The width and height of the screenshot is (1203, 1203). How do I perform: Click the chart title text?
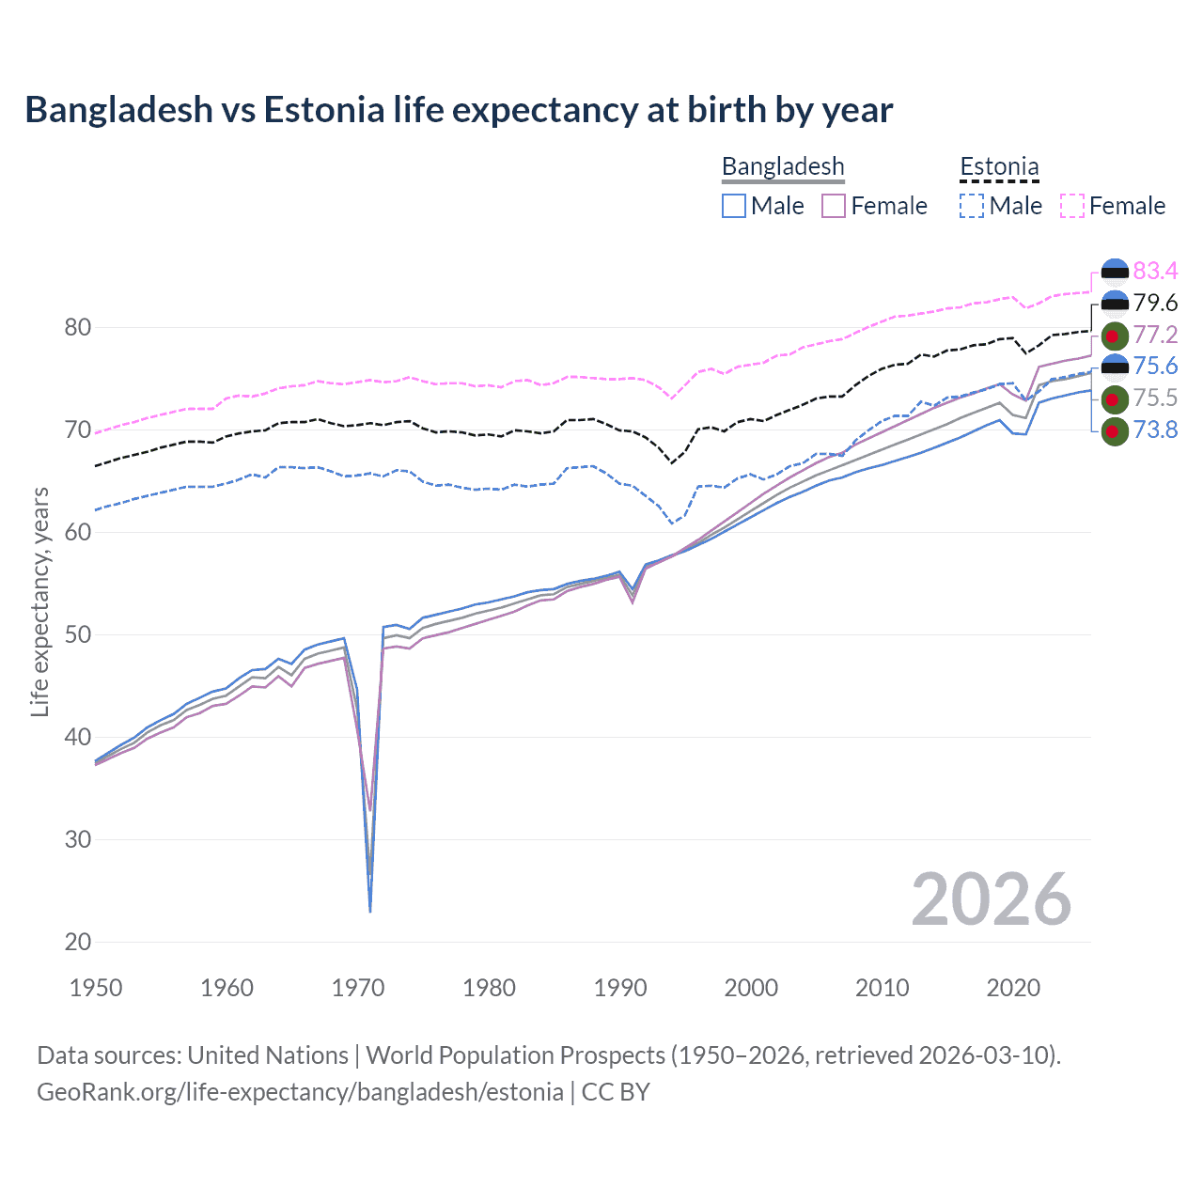(459, 110)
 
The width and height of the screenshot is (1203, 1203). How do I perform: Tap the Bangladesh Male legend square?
(734, 206)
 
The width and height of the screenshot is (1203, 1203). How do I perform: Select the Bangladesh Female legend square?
(834, 206)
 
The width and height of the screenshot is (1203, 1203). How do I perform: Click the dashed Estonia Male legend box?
(972, 206)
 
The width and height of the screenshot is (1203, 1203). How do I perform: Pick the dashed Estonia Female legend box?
(1072, 206)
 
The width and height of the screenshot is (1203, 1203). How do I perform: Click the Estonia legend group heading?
(999, 167)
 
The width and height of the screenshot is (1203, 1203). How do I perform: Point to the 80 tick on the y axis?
(78, 328)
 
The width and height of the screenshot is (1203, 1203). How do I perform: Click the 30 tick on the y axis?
(78, 839)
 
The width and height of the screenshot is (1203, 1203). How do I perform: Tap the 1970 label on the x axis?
(358, 988)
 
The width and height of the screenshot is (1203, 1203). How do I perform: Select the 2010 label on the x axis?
(882, 988)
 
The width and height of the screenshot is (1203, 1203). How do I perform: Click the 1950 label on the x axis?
(96, 988)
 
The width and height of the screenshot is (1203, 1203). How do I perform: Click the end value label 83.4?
(1155, 272)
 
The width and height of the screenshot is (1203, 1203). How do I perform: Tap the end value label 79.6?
(1155, 303)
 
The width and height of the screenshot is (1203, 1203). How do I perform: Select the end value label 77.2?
(1155, 335)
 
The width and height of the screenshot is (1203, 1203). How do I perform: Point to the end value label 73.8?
(1155, 430)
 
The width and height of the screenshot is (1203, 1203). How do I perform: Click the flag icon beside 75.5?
(1115, 399)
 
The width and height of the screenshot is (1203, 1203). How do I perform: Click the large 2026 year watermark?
(992, 899)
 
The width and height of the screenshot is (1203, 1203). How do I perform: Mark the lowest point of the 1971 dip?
(370, 911)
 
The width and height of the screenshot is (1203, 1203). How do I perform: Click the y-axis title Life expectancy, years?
(40, 601)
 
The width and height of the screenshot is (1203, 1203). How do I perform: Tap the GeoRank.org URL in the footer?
(300, 1092)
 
